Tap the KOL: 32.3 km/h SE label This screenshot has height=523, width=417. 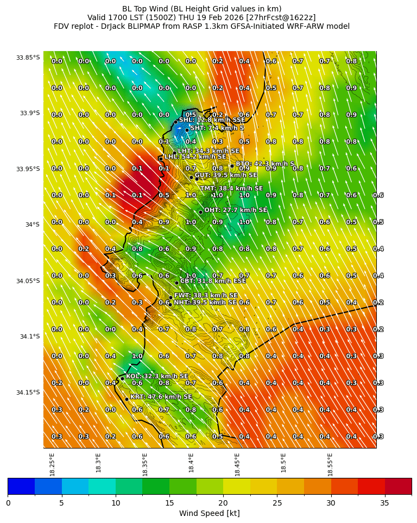157,376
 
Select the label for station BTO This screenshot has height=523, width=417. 264,164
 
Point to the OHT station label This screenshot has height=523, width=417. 236,210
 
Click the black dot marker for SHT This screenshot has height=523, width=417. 187,130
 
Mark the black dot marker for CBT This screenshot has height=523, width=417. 176,283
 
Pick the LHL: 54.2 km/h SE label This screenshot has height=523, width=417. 195,157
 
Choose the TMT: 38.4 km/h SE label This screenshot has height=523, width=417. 231,189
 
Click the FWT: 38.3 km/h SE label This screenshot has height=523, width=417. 205,296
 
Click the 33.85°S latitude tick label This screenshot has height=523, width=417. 28,58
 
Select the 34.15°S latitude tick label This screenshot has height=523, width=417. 28,393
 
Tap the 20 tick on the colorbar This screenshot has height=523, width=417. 223,503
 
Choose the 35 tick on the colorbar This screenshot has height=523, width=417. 385,503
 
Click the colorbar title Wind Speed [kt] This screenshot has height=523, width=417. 209,513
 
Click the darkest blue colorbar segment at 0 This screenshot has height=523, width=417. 21,486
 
